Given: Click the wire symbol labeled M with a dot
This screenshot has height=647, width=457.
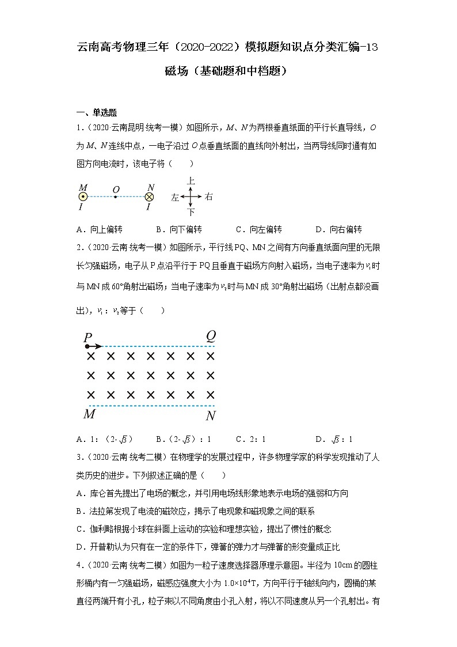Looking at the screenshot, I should point(83,197).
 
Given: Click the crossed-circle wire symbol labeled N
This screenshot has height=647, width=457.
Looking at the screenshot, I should point(150,197).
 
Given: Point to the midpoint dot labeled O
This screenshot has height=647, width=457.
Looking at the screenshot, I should point(116,197).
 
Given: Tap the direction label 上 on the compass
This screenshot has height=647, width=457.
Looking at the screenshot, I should point(191,181).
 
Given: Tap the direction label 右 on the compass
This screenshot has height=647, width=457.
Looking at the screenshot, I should point(208,197).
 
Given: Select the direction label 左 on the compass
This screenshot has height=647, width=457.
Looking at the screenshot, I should point(175,197).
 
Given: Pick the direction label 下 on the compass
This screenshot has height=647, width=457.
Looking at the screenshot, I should point(191,212).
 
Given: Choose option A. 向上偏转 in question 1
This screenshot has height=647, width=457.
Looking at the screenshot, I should point(99,229).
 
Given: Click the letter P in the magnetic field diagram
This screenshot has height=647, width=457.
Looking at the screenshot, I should point(87,338).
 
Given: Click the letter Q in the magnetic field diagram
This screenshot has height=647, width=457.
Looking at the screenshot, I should point(211,336).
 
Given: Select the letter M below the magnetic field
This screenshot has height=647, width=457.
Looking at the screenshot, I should point(89,414).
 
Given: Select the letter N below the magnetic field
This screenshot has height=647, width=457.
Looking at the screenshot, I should point(211,415).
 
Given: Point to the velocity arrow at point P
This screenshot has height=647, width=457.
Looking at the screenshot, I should point(95,346).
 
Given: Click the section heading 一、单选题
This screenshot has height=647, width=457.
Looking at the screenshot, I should point(97,112).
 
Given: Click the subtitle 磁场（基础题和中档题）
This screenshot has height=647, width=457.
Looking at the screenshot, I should point(228,71).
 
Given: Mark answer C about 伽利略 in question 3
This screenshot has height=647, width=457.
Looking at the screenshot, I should point(203,529).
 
